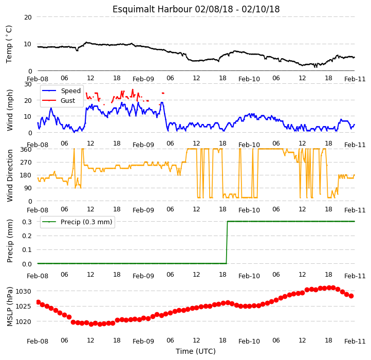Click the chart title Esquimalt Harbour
[x=152, y=9]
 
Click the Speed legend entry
[x=61, y=91]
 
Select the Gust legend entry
[x=59, y=101]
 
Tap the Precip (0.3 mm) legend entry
[x=77, y=222]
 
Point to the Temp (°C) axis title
[x=9, y=44]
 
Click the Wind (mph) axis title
[x=10, y=110]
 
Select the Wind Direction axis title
[x=10, y=175]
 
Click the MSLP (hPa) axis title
[x=10, y=306]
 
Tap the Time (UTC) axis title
[x=196, y=351]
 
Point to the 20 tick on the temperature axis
[x=28, y=17]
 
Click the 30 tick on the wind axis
[x=28, y=84]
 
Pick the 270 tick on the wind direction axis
[x=26, y=163]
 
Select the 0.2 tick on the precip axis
[x=27, y=236]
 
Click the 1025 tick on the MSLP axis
[x=23, y=307]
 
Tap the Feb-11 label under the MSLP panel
[x=355, y=341]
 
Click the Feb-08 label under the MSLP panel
[x=38, y=341]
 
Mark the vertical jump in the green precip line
[x=227, y=242]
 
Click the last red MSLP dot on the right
[x=351, y=296]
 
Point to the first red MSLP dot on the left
[x=39, y=302]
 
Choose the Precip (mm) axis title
[x=10, y=241]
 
